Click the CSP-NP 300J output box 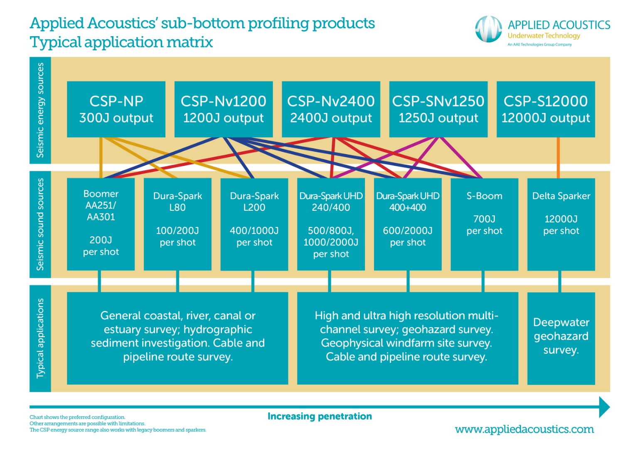point(116,109)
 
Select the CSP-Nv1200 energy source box point(223,109)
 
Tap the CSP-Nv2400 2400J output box point(331,109)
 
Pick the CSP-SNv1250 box point(438,109)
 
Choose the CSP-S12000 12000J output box point(545,109)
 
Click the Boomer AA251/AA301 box point(101,224)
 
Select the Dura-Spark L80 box point(177,224)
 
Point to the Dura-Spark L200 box point(254,224)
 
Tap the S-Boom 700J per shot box point(484,224)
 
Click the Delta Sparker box point(561,224)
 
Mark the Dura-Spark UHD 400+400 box point(408,224)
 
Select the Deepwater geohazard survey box point(561,338)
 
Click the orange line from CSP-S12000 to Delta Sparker point(558,158)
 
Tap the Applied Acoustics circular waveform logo point(489,29)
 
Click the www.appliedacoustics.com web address point(524,429)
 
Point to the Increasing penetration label point(320,416)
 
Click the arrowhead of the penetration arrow point(604,407)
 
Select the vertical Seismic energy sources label point(40,110)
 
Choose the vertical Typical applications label point(40,338)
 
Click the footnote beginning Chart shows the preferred point(77,417)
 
